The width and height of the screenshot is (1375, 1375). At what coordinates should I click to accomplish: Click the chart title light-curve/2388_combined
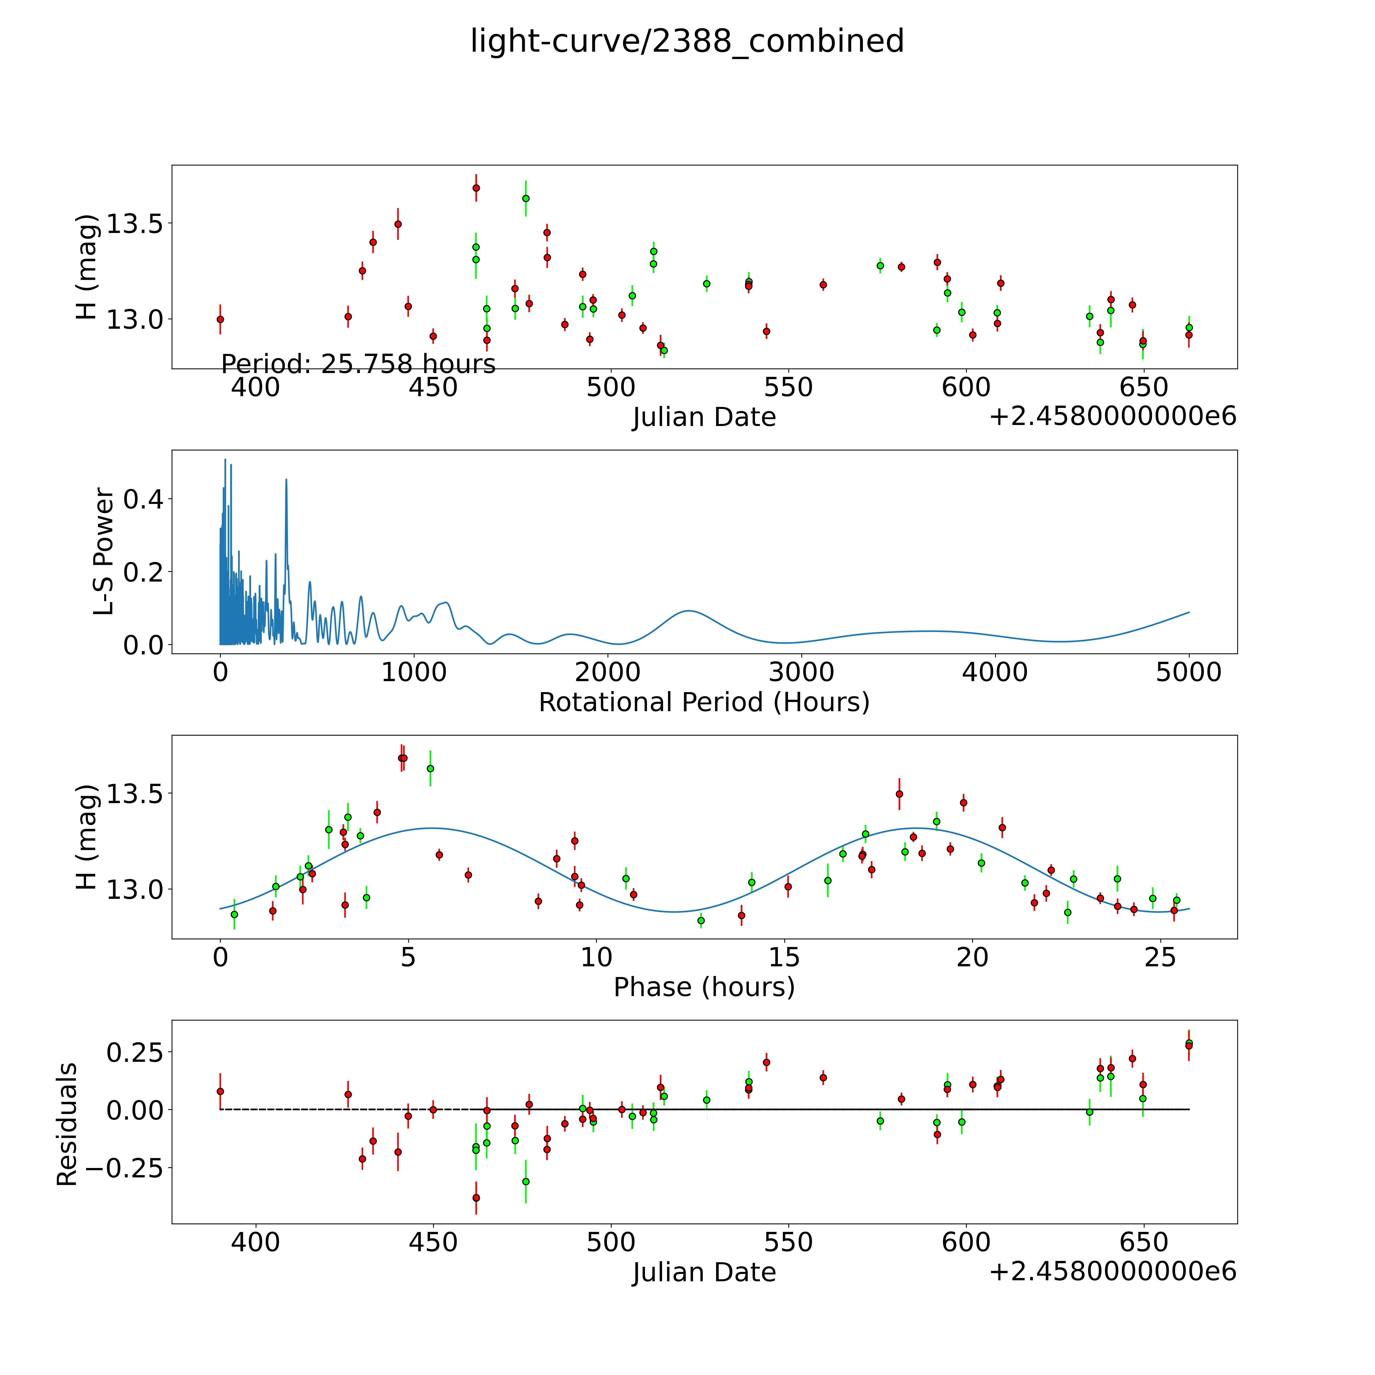(687, 41)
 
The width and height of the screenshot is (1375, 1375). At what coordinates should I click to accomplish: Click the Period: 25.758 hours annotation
(358, 364)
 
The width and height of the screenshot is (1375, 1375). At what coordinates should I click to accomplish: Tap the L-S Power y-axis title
(104, 552)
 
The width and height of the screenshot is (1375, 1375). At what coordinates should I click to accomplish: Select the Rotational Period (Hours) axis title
(704, 703)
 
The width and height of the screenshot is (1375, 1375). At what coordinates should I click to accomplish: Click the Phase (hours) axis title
(704, 987)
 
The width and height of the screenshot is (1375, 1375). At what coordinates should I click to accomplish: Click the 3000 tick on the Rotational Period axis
(801, 672)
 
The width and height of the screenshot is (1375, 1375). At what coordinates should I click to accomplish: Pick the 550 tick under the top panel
(789, 388)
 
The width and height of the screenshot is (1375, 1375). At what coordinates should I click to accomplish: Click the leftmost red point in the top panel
(221, 319)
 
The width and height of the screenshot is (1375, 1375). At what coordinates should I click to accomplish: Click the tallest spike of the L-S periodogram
(225, 460)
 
